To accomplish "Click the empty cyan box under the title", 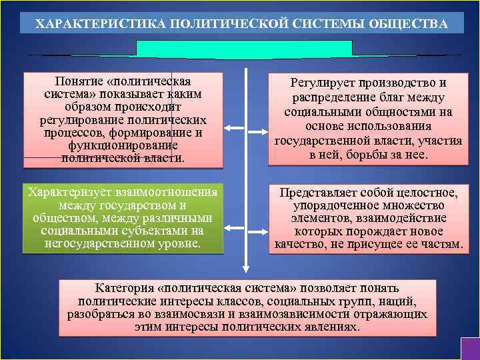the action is pyautogui.click(x=244, y=49).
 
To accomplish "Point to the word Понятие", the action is pyautogui.click(x=81, y=81).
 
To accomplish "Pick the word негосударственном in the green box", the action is pyautogui.click(x=95, y=243).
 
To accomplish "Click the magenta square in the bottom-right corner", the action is pyautogui.click(x=470, y=349).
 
